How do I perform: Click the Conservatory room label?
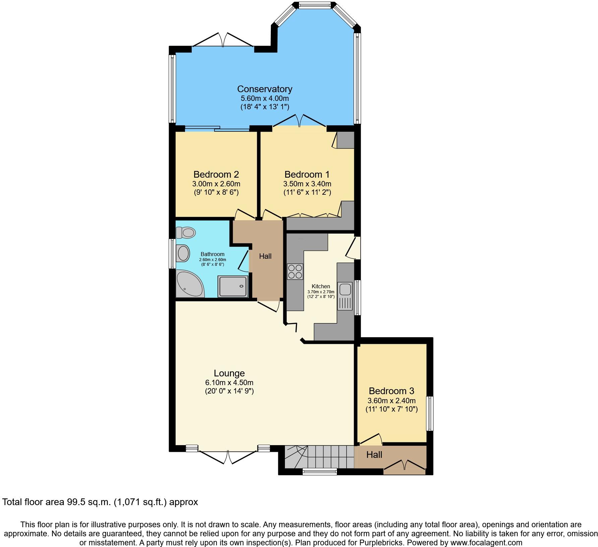264,89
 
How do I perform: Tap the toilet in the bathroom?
186,232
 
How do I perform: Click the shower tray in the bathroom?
233,286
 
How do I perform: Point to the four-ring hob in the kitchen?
295,271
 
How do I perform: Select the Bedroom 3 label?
391,391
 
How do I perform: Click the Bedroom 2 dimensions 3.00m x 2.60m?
216,184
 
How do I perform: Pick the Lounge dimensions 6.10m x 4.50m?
229,382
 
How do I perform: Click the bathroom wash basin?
183,253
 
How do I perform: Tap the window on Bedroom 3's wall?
429,413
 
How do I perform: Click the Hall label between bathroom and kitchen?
265,256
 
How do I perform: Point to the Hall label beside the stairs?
374,454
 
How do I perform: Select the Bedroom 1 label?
307,174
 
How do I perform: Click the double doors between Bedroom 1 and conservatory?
299,121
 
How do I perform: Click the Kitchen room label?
321,286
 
